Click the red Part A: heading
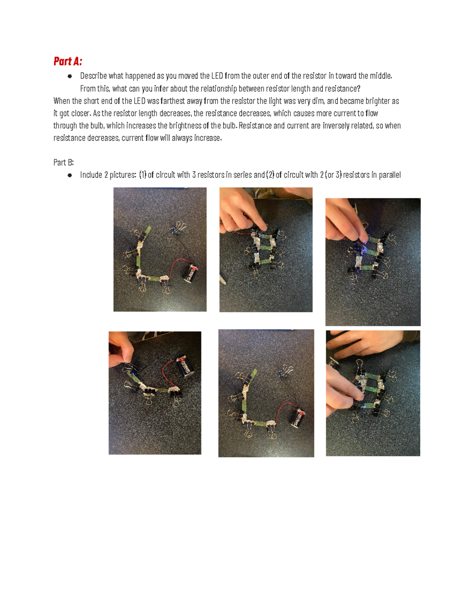click(68, 61)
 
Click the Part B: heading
click(63, 162)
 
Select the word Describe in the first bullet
click(93, 76)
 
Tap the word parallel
click(389, 175)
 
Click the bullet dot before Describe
click(70, 76)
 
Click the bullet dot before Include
click(70, 175)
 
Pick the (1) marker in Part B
click(143, 175)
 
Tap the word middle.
click(381, 76)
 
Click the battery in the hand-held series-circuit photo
click(185, 366)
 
